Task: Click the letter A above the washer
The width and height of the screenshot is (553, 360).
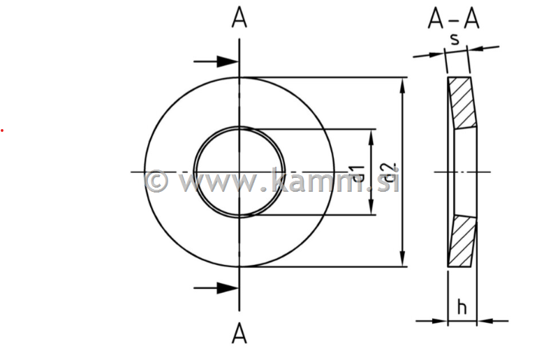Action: point(239,19)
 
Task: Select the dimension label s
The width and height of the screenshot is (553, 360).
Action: point(455,39)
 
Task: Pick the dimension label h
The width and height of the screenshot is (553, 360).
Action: point(462,306)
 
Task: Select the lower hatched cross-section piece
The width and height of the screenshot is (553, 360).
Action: point(462,241)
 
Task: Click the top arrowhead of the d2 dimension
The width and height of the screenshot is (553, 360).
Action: point(403,83)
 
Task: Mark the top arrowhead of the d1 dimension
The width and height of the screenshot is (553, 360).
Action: point(372,135)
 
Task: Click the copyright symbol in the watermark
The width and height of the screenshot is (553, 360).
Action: point(156,181)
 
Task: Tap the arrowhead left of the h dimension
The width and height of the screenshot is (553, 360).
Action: point(441,321)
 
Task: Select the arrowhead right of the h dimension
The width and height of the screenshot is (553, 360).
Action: point(484,321)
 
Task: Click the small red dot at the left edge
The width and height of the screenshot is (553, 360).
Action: point(1,130)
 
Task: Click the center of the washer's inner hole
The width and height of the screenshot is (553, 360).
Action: point(239,172)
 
